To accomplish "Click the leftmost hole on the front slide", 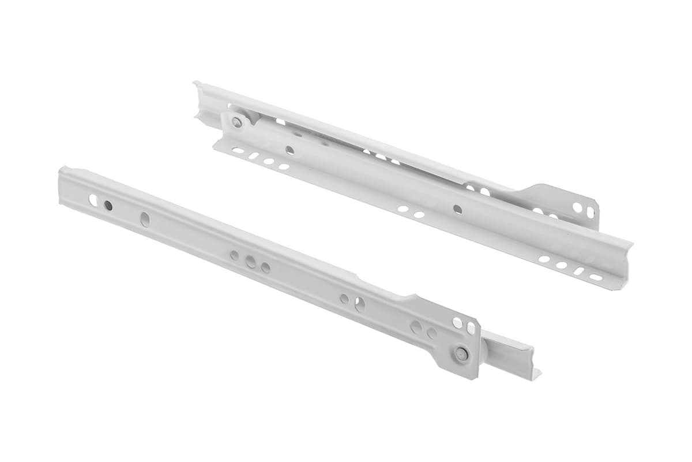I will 93,200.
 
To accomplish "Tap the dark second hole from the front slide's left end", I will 108,205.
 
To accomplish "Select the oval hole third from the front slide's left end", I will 145,219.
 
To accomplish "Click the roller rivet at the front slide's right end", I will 461,354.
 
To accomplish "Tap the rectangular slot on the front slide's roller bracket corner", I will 471,328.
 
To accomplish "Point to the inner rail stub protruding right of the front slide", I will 510,358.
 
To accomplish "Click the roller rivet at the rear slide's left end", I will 237,122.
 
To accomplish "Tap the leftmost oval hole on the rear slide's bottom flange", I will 237,150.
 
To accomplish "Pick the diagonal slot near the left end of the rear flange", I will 253,155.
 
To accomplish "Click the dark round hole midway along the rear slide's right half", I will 457,209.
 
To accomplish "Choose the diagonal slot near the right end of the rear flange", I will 578,271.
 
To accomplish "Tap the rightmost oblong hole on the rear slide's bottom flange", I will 595,278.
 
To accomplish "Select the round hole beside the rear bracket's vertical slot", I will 577,207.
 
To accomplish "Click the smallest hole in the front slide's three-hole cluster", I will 235,255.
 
